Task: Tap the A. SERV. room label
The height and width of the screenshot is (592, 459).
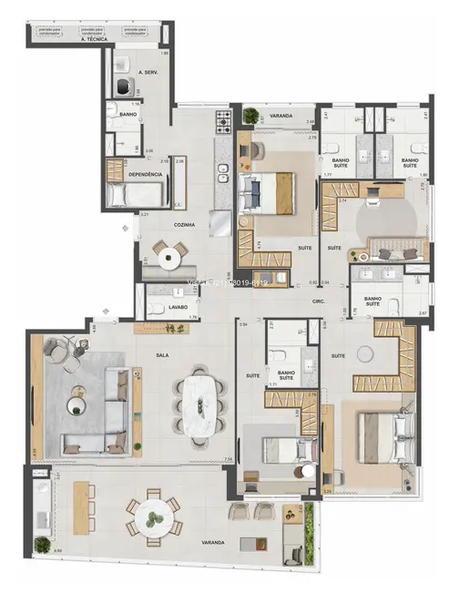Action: [x=148, y=71]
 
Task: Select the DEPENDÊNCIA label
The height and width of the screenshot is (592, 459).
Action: [x=146, y=174]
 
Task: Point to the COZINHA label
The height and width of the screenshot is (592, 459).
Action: [x=187, y=223]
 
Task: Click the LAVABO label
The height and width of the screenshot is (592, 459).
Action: [x=177, y=307]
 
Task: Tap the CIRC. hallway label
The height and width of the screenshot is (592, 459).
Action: [x=319, y=300]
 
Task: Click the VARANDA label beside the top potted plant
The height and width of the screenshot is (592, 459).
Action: [x=280, y=117]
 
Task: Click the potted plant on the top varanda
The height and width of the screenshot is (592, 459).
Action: [x=250, y=117]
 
